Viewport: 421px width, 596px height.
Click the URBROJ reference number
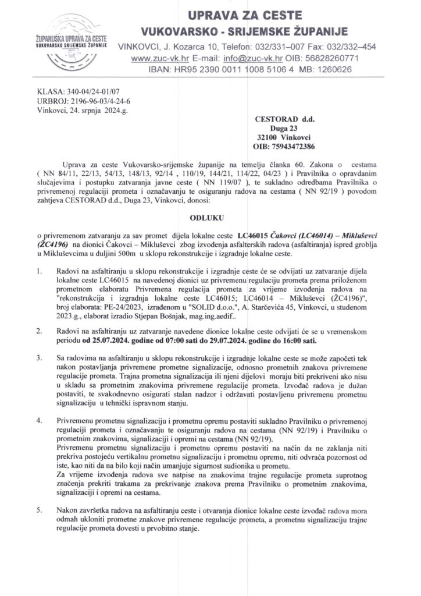pyautogui.click(x=76, y=101)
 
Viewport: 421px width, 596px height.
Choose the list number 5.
pyautogui.click(x=39, y=510)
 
